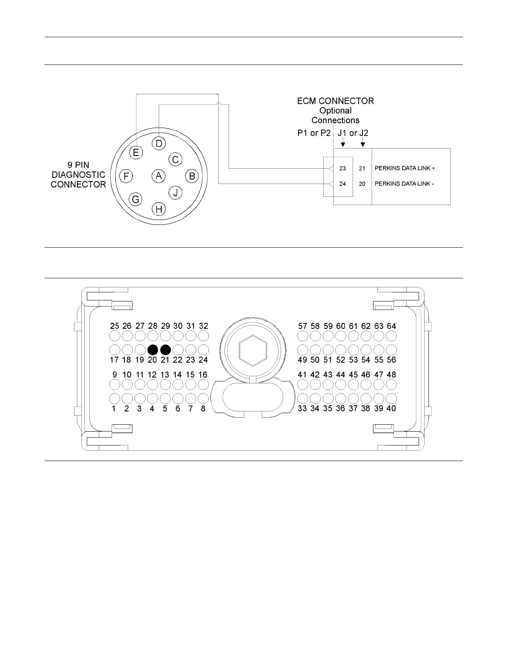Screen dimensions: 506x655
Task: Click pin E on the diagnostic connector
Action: [136, 153]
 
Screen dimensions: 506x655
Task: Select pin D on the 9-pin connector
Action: [159, 143]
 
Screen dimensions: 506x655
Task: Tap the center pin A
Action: [158, 176]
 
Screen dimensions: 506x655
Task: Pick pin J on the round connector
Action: [175, 192]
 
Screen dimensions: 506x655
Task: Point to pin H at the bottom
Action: [159, 209]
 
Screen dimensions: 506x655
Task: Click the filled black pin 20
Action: [153, 350]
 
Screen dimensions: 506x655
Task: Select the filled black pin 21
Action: [165, 350]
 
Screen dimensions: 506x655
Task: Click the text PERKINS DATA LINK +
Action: [404, 168]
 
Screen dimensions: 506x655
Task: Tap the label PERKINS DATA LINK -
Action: [404, 184]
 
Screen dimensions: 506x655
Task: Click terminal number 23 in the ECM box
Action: [343, 169]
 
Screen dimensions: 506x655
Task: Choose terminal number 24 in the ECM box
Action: [343, 184]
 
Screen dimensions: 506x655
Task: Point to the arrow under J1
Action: [343, 143]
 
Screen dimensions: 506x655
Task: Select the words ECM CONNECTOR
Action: [335, 101]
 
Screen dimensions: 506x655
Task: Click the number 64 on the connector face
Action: [391, 326]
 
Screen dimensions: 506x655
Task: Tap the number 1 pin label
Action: [114, 409]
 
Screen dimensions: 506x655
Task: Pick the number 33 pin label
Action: [302, 409]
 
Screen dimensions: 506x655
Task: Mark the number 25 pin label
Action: [114, 326]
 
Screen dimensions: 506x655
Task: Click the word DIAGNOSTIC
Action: [79, 175]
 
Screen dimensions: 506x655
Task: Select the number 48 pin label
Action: [391, 375]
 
